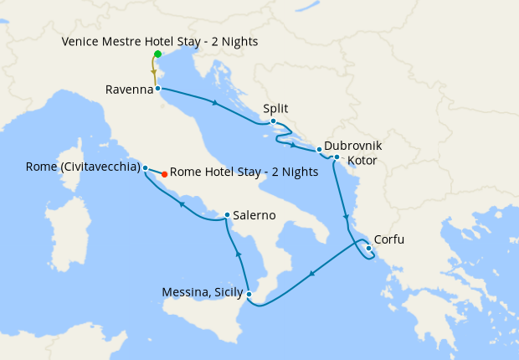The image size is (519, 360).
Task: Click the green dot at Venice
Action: [157, 54]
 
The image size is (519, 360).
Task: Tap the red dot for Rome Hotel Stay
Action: [164, 174]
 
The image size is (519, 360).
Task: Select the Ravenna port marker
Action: [157, 88]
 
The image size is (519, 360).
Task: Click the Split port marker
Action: [274, 121]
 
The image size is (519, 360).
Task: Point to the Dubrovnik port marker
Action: [320, 150]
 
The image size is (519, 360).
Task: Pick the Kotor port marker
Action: [337, 157]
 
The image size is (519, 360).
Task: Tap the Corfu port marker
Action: [369, 247]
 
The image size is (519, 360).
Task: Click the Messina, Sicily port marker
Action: [249, 293]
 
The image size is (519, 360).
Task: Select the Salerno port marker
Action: [227, 215]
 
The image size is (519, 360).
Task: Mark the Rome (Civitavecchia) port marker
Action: [146, 167]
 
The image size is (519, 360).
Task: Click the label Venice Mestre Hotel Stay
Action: [160, 41]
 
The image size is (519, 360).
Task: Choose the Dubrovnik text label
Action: [353, 145]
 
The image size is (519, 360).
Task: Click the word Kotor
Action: [362, 158]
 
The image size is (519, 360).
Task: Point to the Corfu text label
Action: [389, 239]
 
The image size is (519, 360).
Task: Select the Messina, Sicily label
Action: [202, 293]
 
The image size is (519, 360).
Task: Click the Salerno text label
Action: [254, 215]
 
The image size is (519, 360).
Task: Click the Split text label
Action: [276, 108]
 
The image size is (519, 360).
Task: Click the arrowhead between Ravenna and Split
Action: [216, 103]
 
